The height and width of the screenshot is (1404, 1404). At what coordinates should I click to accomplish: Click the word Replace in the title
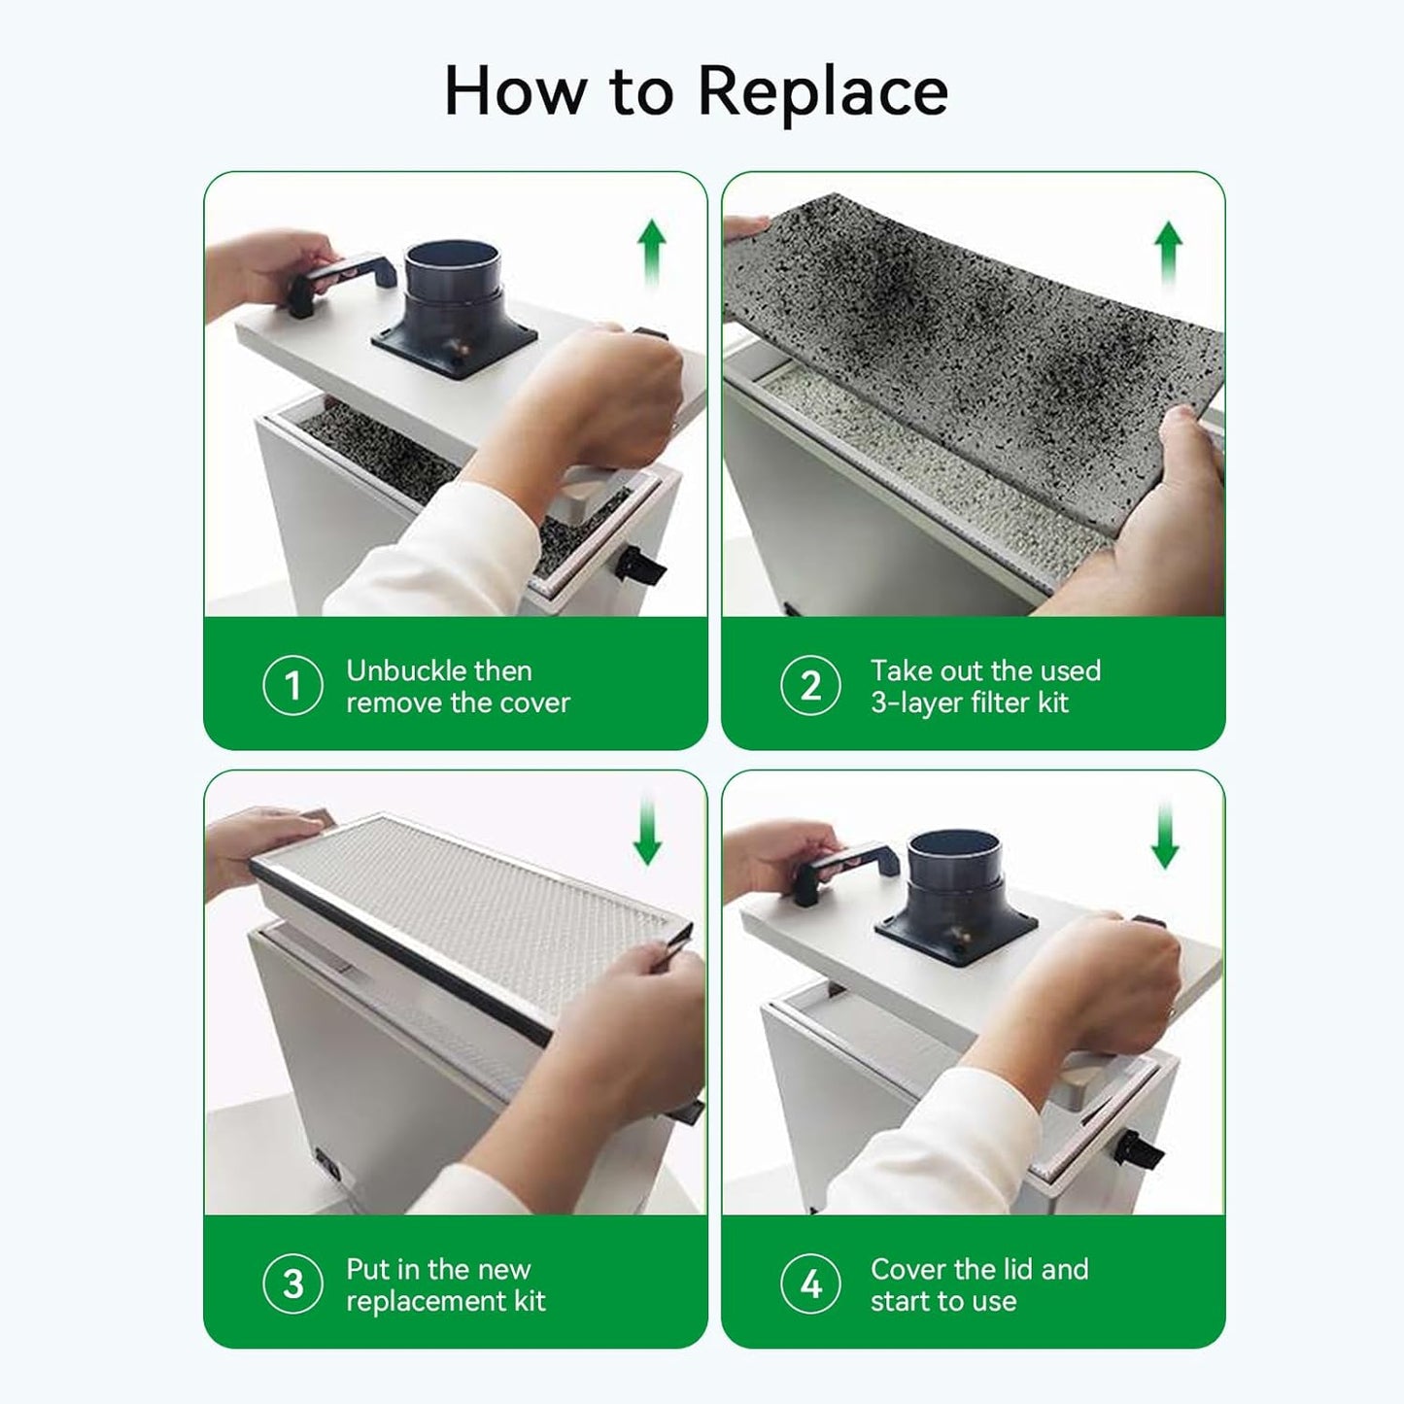click(822, 90)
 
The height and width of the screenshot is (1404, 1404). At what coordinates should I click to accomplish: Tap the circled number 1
click(292, 686)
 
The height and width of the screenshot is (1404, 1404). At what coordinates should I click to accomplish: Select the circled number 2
click(810, 686)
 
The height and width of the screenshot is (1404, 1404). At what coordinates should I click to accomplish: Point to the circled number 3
click(292, 1284)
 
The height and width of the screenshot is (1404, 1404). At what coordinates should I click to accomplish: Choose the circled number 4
click(810, 1284)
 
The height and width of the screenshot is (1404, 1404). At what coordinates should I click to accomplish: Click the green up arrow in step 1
click(651, 251)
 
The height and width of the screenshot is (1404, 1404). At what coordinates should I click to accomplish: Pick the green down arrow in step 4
click(1164, 836)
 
